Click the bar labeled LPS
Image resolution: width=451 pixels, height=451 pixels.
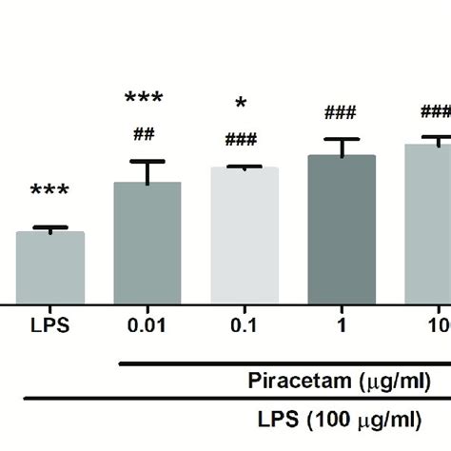coord(50,267)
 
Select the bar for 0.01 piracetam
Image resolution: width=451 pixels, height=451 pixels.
coord(147,243)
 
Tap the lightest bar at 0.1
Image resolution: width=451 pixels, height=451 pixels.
coord(244,235)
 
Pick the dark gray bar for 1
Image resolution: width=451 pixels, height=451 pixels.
coord(341,229)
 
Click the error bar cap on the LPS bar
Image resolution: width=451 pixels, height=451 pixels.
coord(50,228)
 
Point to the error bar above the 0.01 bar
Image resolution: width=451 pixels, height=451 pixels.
coord(147,169)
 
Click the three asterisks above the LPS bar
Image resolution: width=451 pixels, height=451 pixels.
coord(49,193)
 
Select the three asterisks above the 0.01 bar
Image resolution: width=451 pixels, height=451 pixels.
coord(145,99)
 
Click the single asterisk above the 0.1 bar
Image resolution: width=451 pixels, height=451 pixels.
coord(242,106)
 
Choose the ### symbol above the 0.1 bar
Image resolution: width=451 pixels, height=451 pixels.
coord(242,141)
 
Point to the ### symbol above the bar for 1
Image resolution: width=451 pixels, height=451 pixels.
coord(340,113)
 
